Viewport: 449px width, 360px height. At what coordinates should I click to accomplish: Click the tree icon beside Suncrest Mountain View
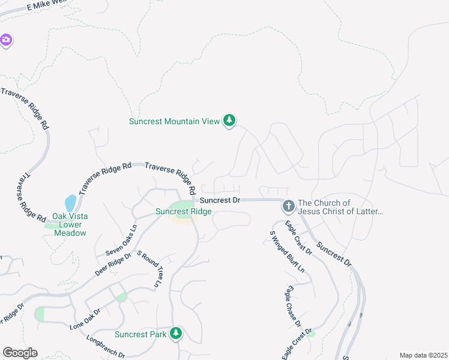click(229, 121)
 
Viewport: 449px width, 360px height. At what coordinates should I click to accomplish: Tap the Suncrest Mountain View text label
click(175, 121)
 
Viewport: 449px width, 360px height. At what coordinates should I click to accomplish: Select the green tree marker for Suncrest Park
click(175, 333)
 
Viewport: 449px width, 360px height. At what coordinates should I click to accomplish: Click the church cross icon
click(288, 206)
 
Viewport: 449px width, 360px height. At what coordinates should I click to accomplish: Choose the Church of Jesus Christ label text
click(340, 207)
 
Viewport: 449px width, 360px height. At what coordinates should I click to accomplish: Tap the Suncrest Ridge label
click(183, 212)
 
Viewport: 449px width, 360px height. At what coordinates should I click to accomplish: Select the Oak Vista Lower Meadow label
click(70, 224)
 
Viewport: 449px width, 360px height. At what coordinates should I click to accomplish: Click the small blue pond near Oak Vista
click(70, 203)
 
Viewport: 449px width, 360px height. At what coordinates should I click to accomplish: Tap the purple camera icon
click(6, 40)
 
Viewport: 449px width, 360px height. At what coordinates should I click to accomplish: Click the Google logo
click(20, 353)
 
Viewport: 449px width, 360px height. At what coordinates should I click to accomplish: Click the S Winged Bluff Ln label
click(287, 251)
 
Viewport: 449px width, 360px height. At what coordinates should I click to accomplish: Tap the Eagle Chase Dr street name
click(294, 306)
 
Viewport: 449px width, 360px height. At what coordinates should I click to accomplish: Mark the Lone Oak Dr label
click(85, 319)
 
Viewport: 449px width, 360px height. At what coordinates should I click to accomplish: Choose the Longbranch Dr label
click(105, 346)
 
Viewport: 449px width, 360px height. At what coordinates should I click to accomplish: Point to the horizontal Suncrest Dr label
click(220, 200)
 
